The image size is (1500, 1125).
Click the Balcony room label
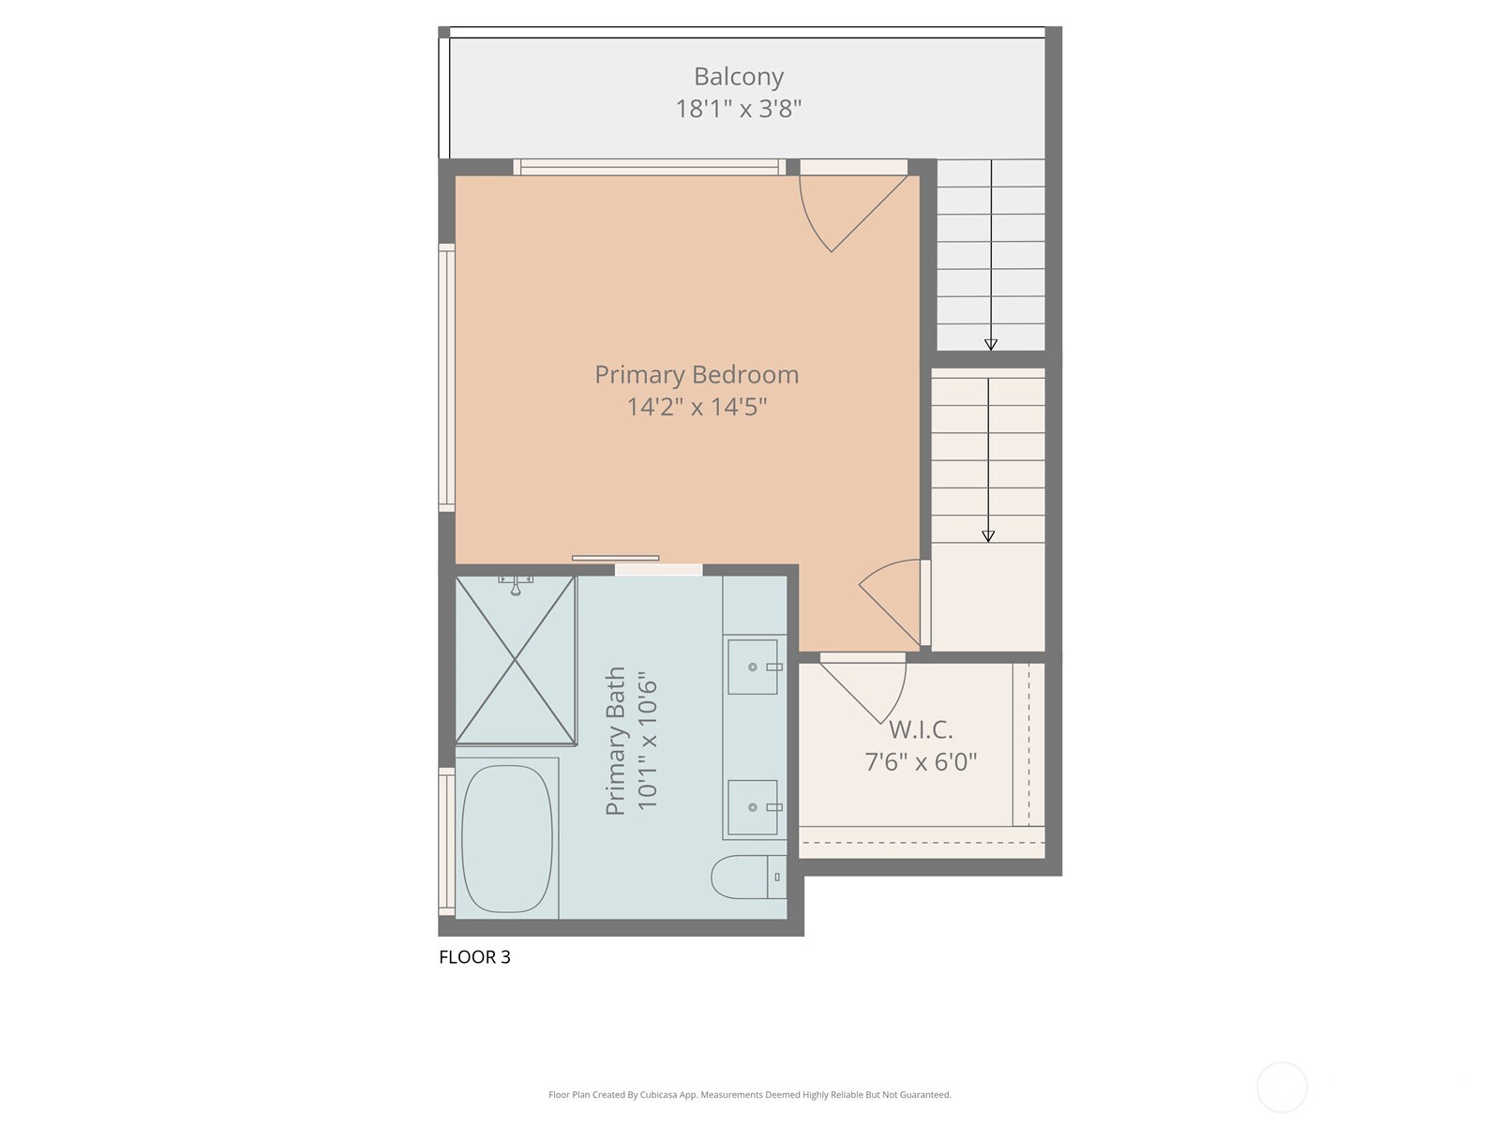pyautogui.click(x=738, y=77)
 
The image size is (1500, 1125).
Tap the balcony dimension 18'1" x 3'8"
pyautogui.click(x=738, y=109)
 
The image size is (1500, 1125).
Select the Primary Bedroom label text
pyautogui.click(x=697, y=374)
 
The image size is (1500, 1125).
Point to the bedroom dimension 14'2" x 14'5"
pyautogui.click(x=697, y=407)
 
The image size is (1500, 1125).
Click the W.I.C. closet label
pyautogui.click(x=921, y=728)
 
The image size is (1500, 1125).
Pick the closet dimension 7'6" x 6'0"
pyautogui.click(x=921, y=761)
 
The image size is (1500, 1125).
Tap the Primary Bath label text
pyautogui.click(x=615, y=741)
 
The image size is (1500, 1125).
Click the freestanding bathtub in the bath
pyautogui.click(x=507, y=838)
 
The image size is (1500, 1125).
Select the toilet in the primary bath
pyautogui.click(x=747, y=877)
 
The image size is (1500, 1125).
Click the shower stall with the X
pyautogui.click(x=515, y=661)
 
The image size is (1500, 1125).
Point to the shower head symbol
pyautogui.click(x=516, y=587)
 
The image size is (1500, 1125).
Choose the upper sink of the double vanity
pyautogui.click(x=752, y=667)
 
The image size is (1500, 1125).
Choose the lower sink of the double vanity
pyautogui.click(x=752, y=807)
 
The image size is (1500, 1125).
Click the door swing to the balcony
pyautogui.click(x=848, y=211)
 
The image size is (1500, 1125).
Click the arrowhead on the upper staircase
pyautogui.click(x=990, y=344)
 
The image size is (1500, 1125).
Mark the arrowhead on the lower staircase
pyautogui.click(x=987, y=536)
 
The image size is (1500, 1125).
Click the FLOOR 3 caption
pyautogui.click(x=474, y=957)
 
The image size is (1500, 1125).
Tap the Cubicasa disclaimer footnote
pyautogui.click(x=749, y=1094)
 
